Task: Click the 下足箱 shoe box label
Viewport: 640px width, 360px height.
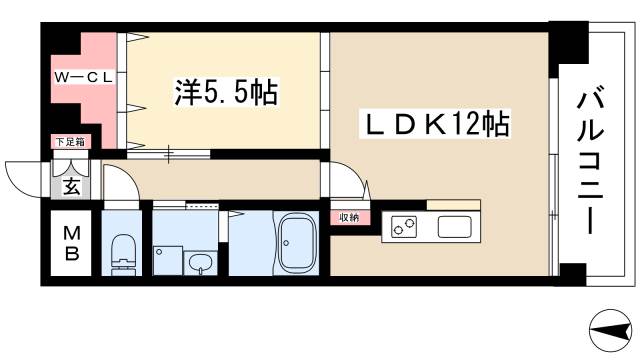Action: pyautogui.click(x=70, y=142)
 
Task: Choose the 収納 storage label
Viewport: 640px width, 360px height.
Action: pyautogui.click(x=348, y=216)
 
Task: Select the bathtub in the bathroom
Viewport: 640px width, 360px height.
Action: pyautogui.click(x=297, y=243)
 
